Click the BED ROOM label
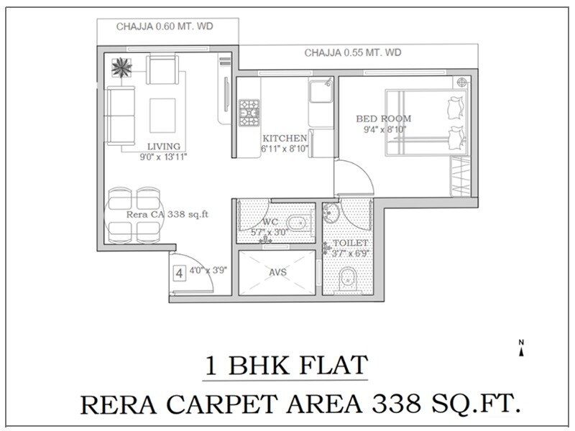pyautogui.click(x=384, y=119)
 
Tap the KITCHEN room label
pyautogui.click(x=285, y=138)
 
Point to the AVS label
pyautogui.click(x=277, y=274)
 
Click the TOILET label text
pyautogui.click(x=349, y=244)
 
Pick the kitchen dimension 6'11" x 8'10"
pyautogui.click(x=285, y=149)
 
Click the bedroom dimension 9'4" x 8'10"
pyautogui.click(x=385, y=129)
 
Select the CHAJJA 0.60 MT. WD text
pyautogui.click(x=167, y=27)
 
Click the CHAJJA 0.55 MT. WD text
pyautogui.click(x=352, y=52)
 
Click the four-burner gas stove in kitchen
pyautogui.click(x=249, y=111)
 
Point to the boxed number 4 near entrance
pyautogui.click(x=179, y=273)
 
